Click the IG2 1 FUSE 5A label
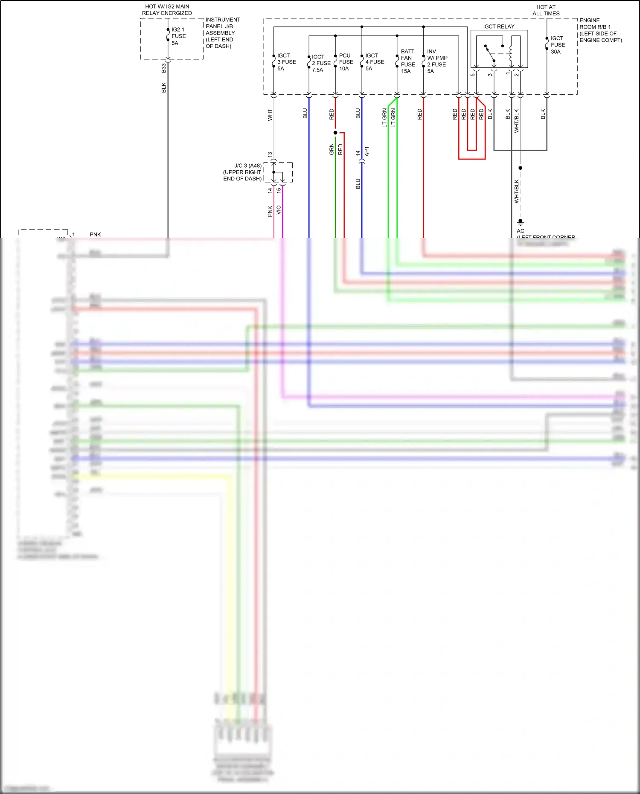click(x=178, y=36)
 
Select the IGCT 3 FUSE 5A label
click(x=286, y=62)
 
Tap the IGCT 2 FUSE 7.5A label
click(x=321, y=63)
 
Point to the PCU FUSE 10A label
click(x=346, y=62)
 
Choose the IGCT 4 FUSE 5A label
click(x=374, y=62)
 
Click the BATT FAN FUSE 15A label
click(x=407, y=61)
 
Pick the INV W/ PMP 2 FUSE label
click(x=437, y=61)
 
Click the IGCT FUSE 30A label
click(x=557, y=45)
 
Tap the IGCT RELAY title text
click(x=499, y=26)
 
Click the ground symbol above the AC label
click(x=520, y=222)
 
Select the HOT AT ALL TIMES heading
click(x=546, y=10)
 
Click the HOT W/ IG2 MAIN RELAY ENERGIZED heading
click(x=167, y=10)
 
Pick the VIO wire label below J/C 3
click(x=279, y=210)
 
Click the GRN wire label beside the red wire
click(x=332, y=149)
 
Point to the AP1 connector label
click(x=367, y=151)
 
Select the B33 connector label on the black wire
click(x=163, y=68)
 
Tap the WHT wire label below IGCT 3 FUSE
click(x=270, y=115)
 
